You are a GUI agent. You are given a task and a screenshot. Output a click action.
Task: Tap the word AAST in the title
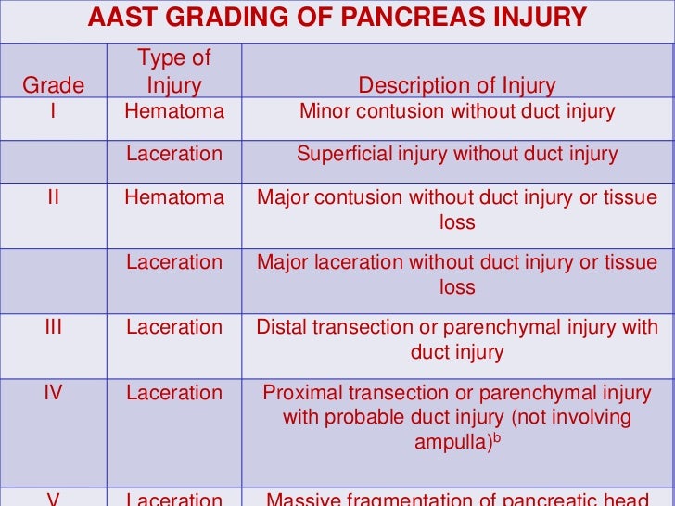[x=120, y=17]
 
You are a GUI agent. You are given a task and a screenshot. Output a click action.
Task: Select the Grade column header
[x=53, y=86]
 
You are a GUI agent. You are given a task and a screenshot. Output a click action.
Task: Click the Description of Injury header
[x=457, y=86]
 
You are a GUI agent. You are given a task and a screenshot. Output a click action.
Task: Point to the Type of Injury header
[x=174, y=72]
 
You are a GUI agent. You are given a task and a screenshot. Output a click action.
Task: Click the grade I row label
[x=53, y=112]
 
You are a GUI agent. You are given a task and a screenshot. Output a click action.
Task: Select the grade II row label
[x=53, y=197]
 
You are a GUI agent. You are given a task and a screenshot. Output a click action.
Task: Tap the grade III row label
[x=53, y=327]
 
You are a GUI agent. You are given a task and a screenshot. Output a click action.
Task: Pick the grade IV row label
[x=53, y=392]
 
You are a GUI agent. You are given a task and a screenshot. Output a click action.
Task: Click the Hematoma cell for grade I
[x=174, y=112]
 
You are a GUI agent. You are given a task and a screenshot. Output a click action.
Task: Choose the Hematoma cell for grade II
[x=174, y=197]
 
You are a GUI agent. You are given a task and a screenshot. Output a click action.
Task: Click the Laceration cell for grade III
[x=174, y=327]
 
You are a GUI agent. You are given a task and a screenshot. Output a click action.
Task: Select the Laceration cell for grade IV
[x=174, y=392]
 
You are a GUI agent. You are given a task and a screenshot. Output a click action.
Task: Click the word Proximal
[x=300, y=392]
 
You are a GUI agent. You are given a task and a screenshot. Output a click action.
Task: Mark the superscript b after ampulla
[x=495, y=436]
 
